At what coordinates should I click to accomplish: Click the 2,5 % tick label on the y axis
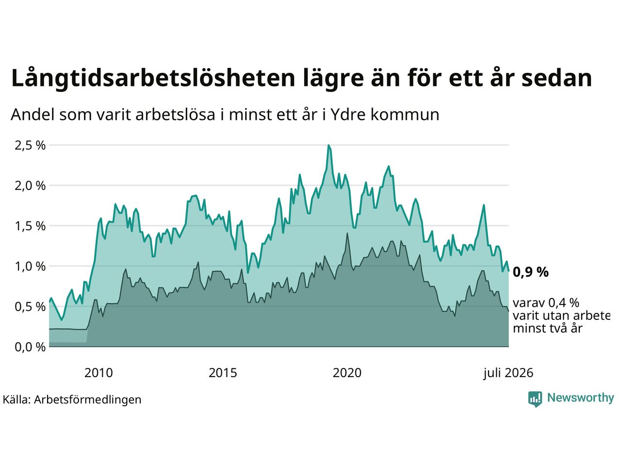(x=30, y=146)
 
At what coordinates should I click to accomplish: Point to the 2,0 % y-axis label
(x=30, y=186)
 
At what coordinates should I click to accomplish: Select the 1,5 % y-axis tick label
(x=30, y=226)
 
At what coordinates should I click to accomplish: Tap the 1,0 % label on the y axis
(x=30, y=266)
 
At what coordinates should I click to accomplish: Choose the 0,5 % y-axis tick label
(x=30, y=307)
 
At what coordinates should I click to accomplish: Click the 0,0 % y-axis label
(x=30, y=347)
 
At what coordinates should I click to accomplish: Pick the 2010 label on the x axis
(x=98, y=373)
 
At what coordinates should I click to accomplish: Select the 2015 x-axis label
(x=223, y=373)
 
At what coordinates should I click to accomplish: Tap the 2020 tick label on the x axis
(x=347, y=373)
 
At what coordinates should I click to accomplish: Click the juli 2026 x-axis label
(x=508, y=373)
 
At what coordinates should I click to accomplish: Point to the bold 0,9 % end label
(x=530, y=272)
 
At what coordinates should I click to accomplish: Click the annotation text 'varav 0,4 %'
(x=546, y=303)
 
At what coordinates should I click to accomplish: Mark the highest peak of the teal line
(x=328, y=145)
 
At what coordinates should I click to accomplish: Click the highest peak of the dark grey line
(x=347, y=233)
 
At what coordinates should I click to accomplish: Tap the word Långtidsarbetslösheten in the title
(x=153, y=79)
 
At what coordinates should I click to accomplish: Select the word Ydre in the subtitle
(x=347, y=115)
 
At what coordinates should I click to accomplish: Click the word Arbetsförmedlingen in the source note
(x=87, y=400)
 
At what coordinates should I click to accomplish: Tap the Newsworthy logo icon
(x=535, y=399)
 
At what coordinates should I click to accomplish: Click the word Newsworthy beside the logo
(x=581, y=398)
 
